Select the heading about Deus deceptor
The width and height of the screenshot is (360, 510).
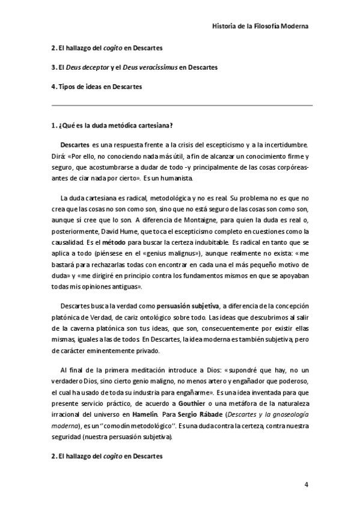click(134, 67)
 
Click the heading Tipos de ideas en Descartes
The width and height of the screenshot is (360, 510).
click(96, 87)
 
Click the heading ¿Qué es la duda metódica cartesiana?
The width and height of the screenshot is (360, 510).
click(112, 126)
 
